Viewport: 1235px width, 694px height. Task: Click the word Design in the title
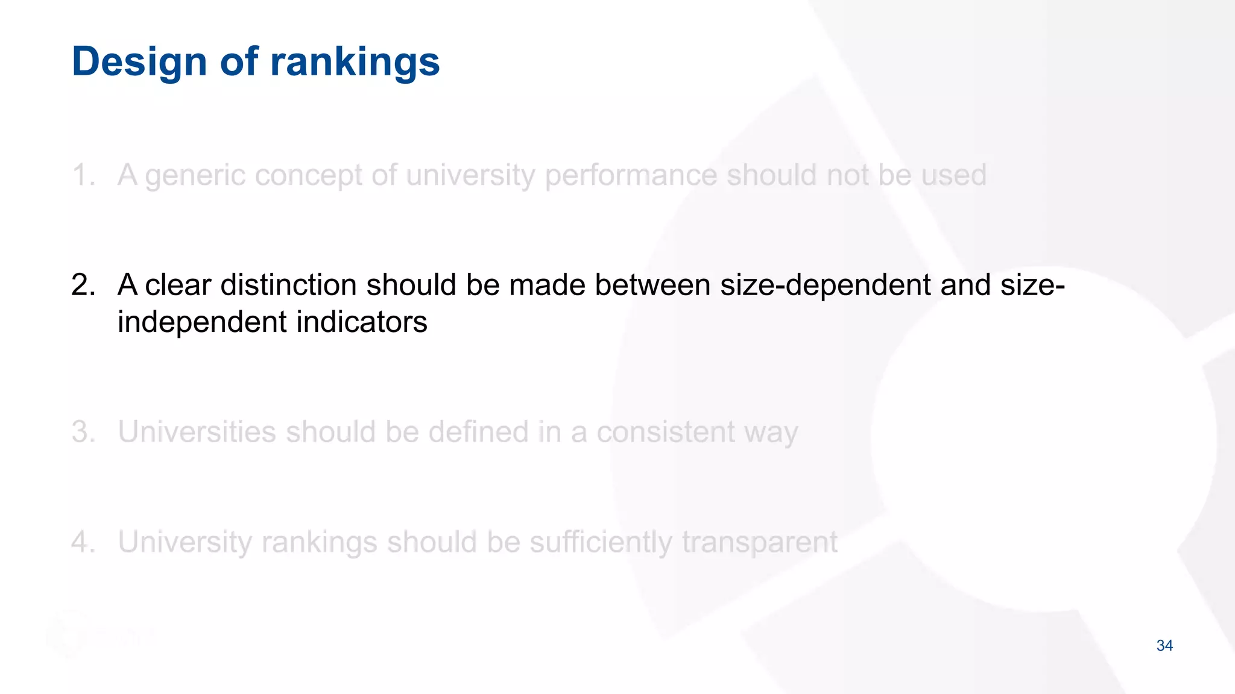tap(139, 61)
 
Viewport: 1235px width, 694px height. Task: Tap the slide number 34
tap(1164, 646)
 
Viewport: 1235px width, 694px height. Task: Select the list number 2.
tap(83, 285)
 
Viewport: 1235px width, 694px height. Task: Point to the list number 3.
tap(83, 432)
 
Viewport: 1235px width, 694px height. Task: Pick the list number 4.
tap(83, 542)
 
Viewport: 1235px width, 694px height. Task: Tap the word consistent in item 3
tap(666, 432)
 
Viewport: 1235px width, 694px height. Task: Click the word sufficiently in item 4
tap(601, 542)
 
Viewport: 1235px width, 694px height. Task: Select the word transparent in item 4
tap(760, 543)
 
